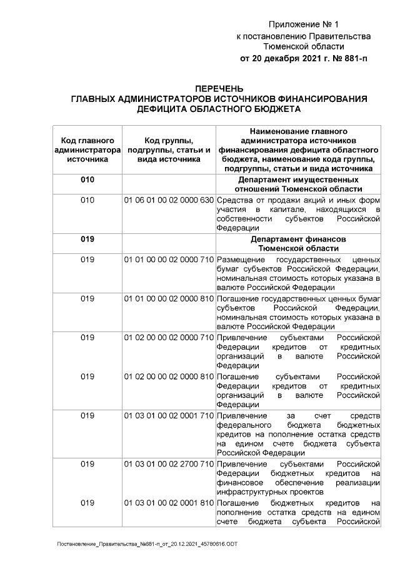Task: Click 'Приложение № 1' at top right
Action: (x=303, y=25)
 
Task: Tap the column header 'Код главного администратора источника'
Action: (x=87, y=149)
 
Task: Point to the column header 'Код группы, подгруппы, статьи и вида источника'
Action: (x=168, y=149)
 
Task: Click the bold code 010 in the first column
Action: (x=87, y=180)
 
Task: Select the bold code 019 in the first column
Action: (x=87, y=240)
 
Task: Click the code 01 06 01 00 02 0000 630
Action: (x=168, y=200)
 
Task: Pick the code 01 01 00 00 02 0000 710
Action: (x=168, y=260)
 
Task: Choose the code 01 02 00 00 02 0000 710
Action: (x=168, y=338)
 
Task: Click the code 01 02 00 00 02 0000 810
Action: (x=168, y=377)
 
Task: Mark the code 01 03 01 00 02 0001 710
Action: (x=168, y=417)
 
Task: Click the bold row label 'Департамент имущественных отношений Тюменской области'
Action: (x=298, y=184)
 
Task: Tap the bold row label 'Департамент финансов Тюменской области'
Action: (x=298, y=244)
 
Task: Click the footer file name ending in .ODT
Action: (x=147, y=545)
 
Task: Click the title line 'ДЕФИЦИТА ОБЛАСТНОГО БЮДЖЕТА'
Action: (x=219, y=109)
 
